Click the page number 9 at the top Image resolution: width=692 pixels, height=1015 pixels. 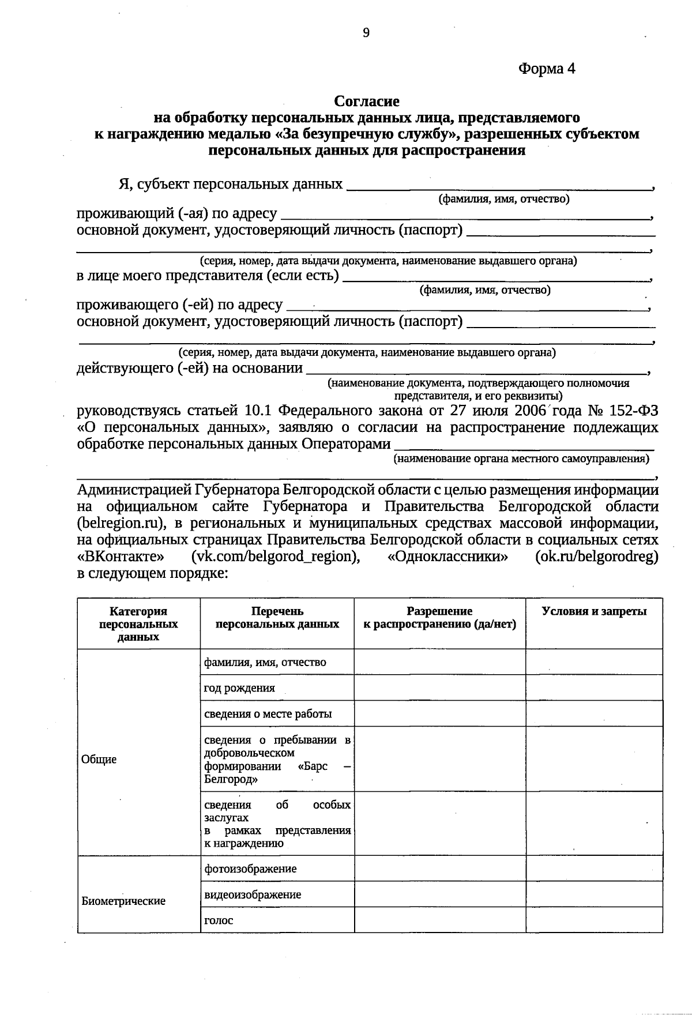coord(366,33)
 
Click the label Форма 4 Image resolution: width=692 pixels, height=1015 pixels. coord(547,69)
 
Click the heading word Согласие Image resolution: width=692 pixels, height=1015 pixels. coord(367,101)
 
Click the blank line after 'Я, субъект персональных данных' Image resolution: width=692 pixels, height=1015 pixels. coord(499,187)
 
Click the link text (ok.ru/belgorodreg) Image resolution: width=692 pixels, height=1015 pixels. coord(596,557)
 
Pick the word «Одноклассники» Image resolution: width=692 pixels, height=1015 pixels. coord(448,557)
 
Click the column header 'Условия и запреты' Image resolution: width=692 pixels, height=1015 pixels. coord(594,612)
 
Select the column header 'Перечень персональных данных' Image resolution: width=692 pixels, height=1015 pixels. coord(277,618)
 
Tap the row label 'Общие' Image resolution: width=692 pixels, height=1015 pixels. coord(99,760)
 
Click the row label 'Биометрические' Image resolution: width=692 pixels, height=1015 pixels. coord(123,901)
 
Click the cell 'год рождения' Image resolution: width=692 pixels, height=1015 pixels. coord(239,688)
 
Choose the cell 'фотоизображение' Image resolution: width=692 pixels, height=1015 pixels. coord(250,869)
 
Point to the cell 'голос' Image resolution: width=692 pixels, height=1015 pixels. coord(219,920)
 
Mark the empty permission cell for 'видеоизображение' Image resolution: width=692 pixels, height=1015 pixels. coord(439,894)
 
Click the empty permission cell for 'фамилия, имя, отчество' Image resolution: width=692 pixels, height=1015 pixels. coord(439,662)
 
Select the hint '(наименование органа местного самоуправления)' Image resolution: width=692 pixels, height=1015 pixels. coord(521,459)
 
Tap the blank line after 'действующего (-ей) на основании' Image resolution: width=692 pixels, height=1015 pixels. coord(476,370)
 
